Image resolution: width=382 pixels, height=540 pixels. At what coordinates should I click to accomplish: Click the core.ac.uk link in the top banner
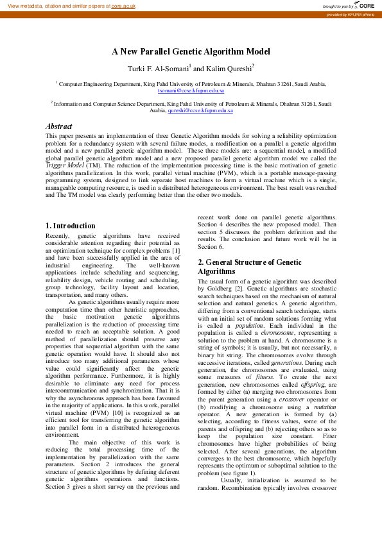click(132, 5)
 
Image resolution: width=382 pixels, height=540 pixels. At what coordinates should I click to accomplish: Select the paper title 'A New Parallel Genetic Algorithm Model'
click(191, 52)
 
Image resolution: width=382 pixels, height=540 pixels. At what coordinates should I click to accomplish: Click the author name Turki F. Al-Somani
click(158, 68)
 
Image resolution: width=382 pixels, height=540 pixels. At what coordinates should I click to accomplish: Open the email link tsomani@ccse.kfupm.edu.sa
click(191, 91)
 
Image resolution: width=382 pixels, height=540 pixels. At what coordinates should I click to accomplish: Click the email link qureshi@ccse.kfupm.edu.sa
click(200, 110)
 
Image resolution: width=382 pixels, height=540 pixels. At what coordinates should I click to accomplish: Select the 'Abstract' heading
click(58, 126)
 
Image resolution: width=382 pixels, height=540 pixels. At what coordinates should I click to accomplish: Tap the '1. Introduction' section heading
click(71, 226)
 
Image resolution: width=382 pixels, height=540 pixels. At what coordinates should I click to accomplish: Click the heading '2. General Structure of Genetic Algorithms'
click(249, 267)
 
